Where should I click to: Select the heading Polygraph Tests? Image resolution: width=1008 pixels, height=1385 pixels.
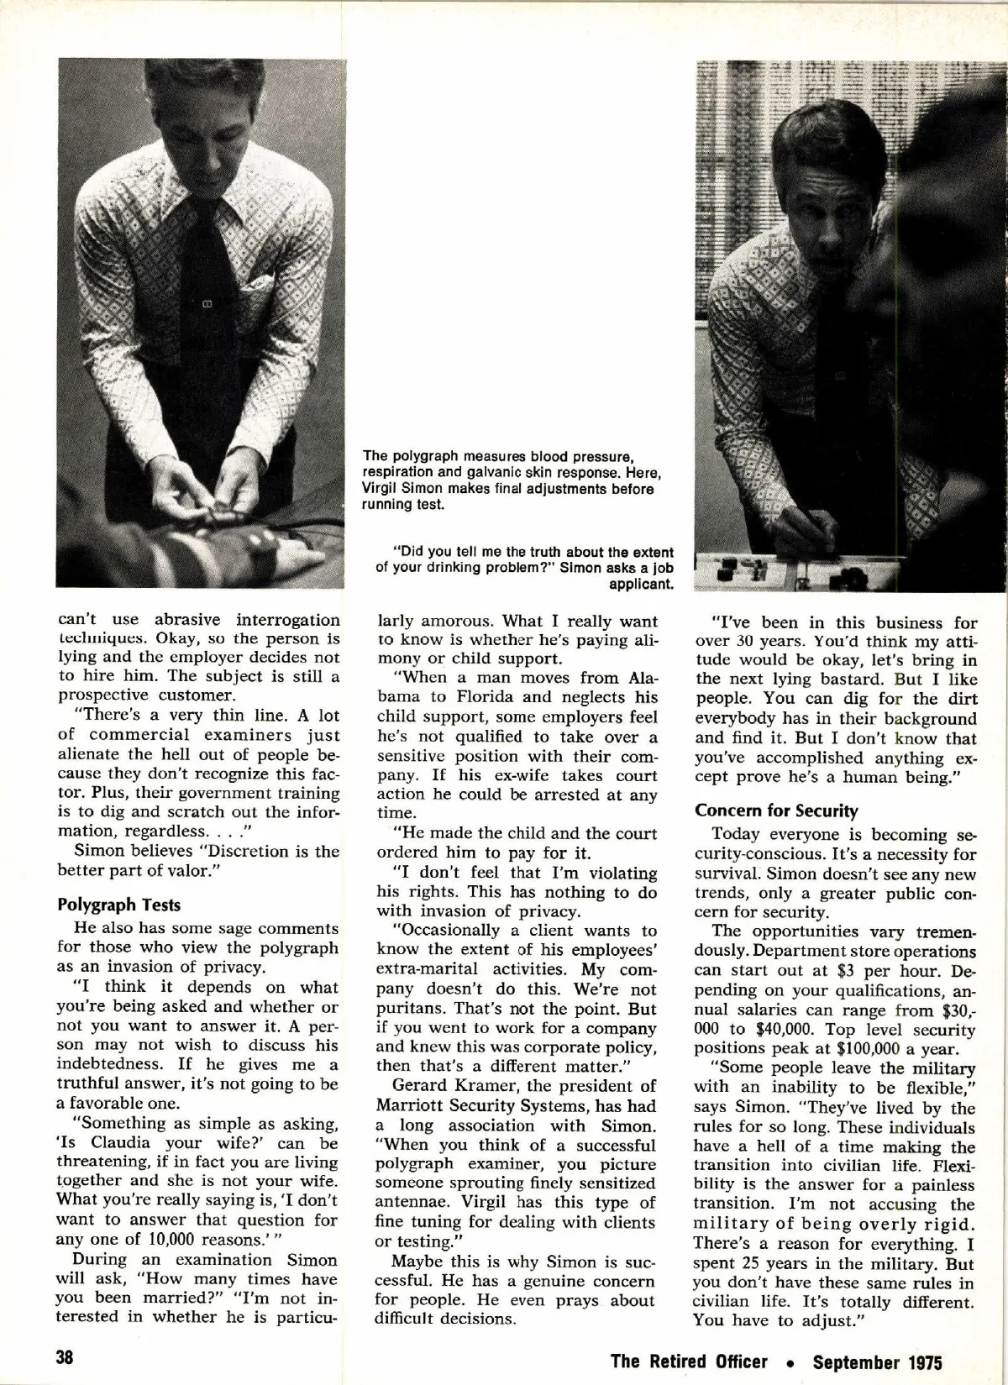[118, 905]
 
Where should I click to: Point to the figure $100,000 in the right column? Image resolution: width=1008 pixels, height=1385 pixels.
[875, 1049]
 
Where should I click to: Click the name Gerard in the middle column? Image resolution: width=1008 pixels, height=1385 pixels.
[421, 1086]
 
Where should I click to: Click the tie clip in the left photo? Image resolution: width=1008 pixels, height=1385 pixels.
[205, 303]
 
